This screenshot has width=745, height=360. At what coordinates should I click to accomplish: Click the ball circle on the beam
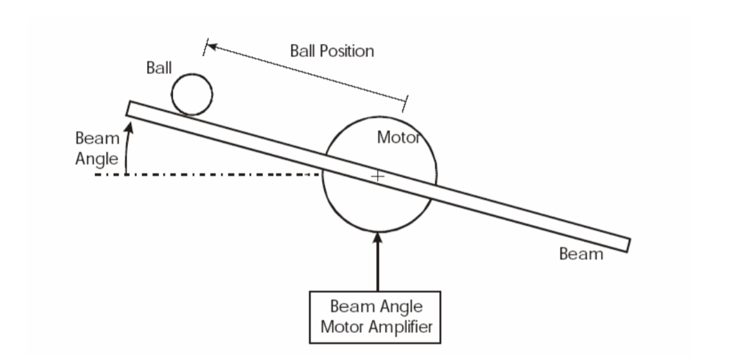pos(192,94)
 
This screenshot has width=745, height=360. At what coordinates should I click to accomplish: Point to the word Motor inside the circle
pos(398,137)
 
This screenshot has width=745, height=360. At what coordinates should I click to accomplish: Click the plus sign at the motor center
pos(378,175)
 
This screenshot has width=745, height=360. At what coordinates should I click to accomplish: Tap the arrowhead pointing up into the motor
pos(378,238)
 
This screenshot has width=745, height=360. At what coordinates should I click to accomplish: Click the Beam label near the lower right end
pos(581,254)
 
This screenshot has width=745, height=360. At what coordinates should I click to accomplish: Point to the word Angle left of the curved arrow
pos(97,159)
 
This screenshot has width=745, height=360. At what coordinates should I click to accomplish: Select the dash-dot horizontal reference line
pos(207,175)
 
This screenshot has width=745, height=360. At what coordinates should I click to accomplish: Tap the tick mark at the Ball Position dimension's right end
pos(406,102)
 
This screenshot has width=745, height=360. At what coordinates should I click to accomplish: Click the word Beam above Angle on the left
pos(97,138)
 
